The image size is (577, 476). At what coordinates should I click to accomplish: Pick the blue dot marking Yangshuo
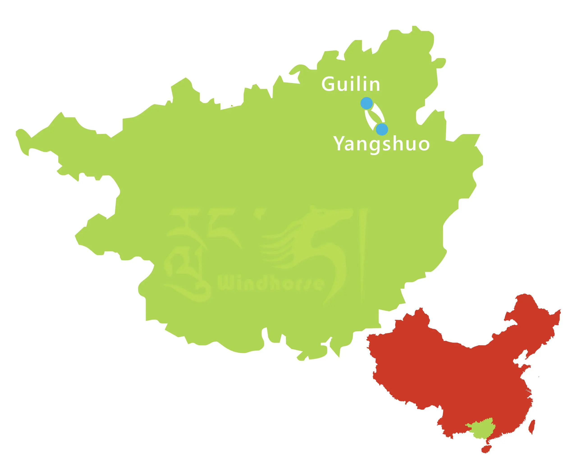(382, 129)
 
